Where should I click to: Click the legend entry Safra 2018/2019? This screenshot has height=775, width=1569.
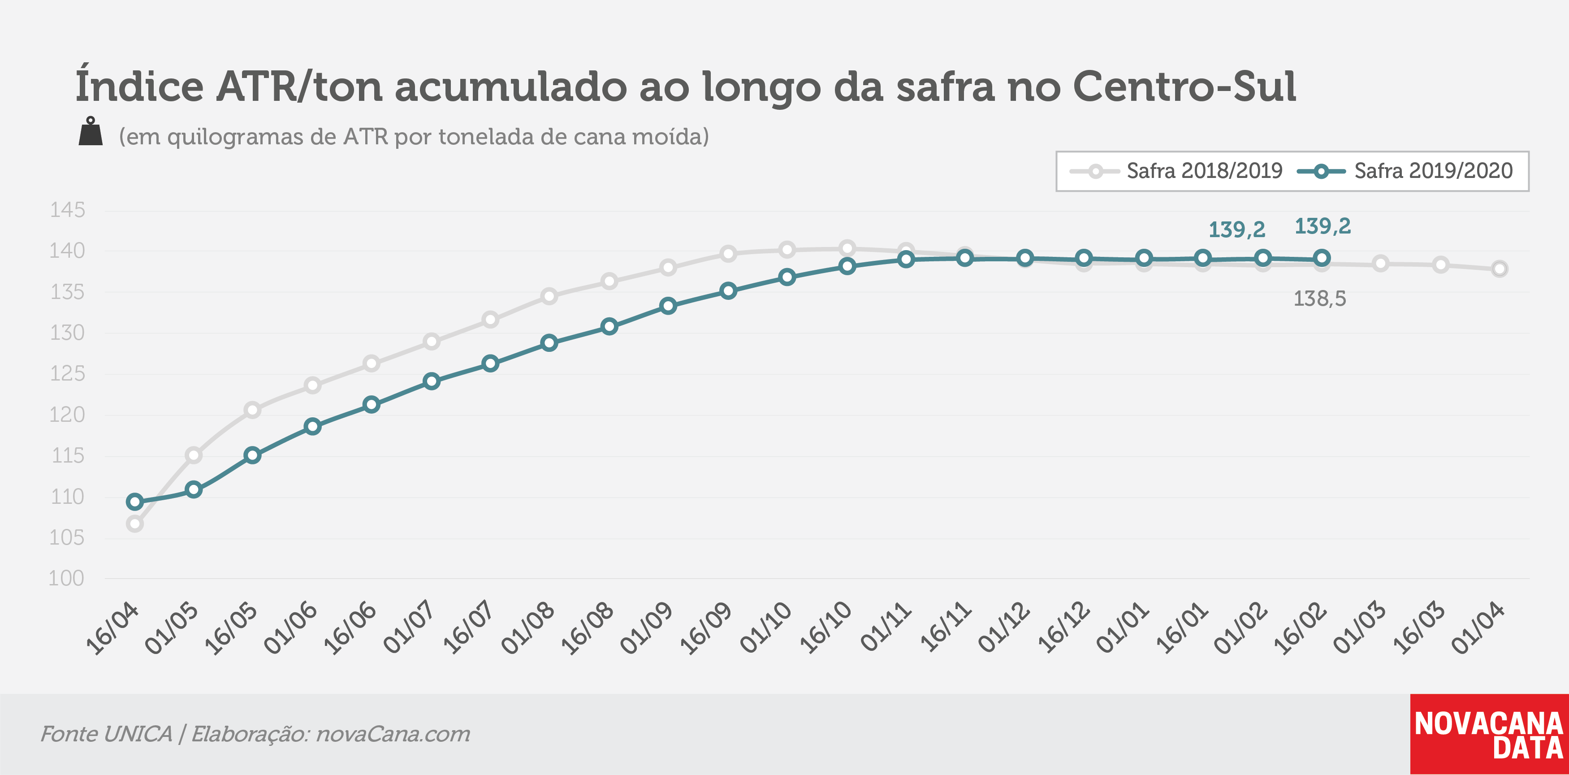(1176, 171)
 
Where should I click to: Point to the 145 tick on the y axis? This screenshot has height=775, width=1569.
(67, 210)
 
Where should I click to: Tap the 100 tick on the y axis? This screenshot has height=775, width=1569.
(66, 578)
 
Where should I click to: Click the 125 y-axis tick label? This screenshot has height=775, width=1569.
(67, 373)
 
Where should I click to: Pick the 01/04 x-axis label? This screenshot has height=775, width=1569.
(1478, 627)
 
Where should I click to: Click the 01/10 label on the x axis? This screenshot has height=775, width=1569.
(765, 627)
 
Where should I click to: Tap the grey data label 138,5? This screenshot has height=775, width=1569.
(1319, 299)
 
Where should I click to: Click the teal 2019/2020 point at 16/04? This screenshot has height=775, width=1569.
(134, 502)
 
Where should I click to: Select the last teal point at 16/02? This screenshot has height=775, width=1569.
(1321, 258)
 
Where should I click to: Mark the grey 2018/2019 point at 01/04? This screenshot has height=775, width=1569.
(1500, 268)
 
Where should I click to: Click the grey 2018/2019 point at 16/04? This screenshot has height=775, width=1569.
(134, 524)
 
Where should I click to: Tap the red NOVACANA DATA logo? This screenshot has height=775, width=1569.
(1489, 734)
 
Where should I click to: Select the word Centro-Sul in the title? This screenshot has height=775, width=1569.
(1184, 87)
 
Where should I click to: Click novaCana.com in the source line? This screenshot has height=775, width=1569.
(393, 734)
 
